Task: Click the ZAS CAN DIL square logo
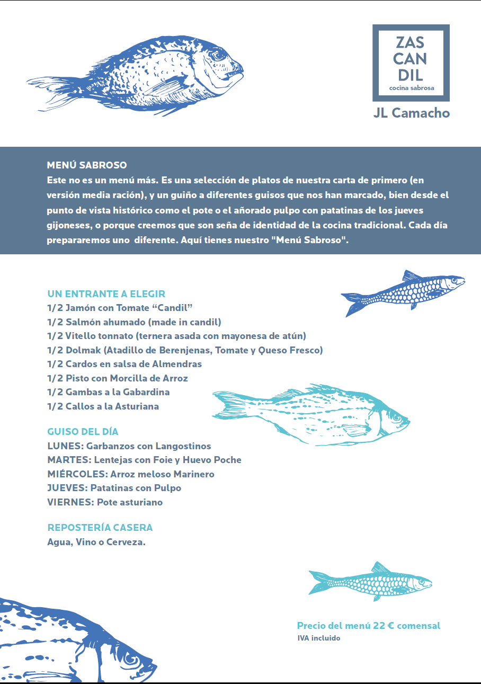[x=411, y=63]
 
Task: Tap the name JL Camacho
[x=411, y=113]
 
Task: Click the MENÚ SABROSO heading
[x=87, y=165]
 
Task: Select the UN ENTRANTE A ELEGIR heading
[x=106, y=294]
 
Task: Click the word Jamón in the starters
[x=83, y=308]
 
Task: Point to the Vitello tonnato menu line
[x=176, y=336]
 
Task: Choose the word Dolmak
[x=83, y=350]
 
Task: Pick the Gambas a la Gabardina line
[x=109, y=392]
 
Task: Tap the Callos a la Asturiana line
[x=103, y=406]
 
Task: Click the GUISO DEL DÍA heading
[x=83, y=432]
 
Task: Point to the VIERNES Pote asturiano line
[x=105, y=502]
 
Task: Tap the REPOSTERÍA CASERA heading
[x=100, y=528]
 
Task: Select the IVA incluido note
[x=319, y=638]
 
